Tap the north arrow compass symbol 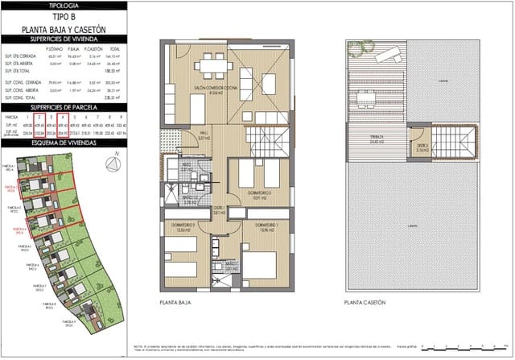click(x=113, y=165)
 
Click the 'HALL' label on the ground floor click(x=204, y=134)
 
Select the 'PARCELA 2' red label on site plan click(x=10, y=186)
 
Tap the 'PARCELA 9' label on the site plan click(x=71, y=323)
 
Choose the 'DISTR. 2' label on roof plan click(x=423, y=147)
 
